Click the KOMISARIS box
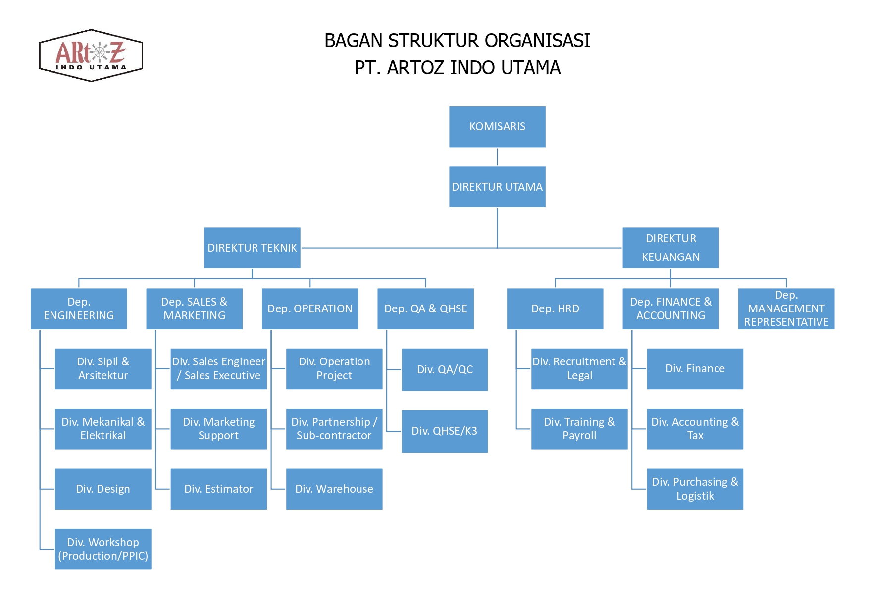tap(497, 127)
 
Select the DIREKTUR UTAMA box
tap(497, 187)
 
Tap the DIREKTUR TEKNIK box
tap(252, 248)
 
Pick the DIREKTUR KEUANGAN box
tap(670, 248)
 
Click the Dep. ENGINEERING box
tap(79, 308)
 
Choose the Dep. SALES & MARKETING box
tap(194, 308)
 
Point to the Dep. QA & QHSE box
tap(425, 308)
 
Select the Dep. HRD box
tap(555, 308)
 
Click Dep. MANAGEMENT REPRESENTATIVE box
tap(786, 308)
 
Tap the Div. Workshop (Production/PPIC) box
tap(103, 549)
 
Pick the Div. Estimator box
tap(218, 489)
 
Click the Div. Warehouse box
tap(334, 489)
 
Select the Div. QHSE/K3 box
tap(445, 431)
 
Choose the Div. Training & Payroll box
tap(579, 429)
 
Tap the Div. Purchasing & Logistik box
tap(695, 489)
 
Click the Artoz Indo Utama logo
tap(91, 55)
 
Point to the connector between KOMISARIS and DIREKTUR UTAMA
tap(497, 157)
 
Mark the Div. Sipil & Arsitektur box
tap(103, 369)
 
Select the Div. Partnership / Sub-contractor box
tap(334, 429)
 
